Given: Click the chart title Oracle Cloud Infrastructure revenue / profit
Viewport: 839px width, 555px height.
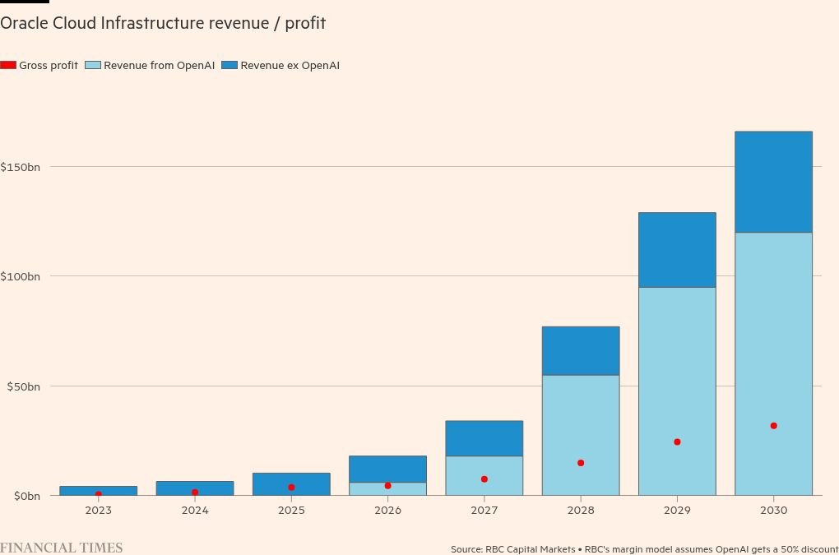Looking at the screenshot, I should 163,23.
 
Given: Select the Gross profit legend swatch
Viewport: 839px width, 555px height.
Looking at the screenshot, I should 8,65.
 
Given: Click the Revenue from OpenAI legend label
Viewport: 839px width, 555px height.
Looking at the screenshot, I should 159,65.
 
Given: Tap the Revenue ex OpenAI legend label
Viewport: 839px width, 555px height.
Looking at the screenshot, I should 290,65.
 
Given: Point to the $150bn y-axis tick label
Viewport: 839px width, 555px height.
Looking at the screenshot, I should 21,167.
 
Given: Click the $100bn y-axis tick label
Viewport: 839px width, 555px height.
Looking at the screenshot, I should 21,276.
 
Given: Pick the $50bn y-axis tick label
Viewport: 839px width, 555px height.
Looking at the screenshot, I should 23,386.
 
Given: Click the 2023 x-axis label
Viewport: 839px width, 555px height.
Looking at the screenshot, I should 98,511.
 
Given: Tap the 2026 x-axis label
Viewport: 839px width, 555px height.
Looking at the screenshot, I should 387,511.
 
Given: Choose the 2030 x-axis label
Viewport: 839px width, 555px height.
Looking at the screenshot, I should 773,511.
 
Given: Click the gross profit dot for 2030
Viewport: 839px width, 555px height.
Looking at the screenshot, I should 773,426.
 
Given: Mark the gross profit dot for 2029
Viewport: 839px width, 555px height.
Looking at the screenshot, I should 677,442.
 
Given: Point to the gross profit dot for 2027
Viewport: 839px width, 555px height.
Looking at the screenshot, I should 484,479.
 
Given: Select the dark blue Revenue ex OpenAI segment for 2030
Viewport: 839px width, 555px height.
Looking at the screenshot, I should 773,182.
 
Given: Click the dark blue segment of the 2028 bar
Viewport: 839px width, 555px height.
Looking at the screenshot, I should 581,351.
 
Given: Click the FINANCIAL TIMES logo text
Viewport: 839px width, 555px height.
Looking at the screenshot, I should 61,548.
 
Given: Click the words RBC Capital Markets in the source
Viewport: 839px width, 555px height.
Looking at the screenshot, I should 530,549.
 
